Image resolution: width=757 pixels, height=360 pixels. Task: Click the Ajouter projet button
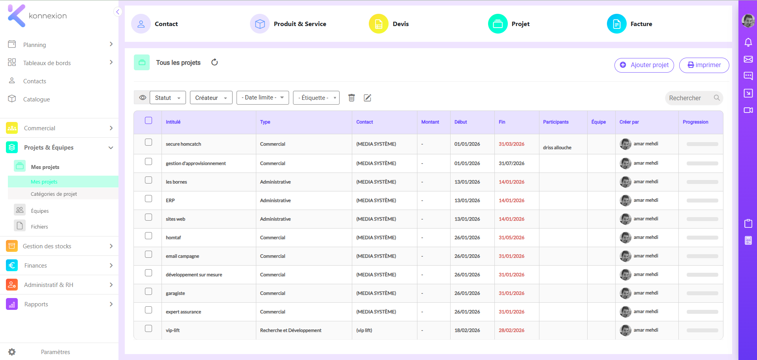click(x=644, y=65)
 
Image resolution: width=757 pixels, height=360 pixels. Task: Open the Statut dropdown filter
click(x=168, y=98)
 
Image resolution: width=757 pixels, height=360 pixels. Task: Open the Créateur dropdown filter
click(x=211, y=98)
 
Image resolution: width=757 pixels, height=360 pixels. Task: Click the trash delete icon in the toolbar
click(x=351, y=97)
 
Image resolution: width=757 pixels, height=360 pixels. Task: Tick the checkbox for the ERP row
click(x=148, y=199)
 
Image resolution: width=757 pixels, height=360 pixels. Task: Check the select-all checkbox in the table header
click(x=148, y=120)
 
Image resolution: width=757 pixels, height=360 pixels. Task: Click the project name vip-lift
click(x=173, y=330)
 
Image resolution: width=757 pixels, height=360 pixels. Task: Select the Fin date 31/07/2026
click(x=511, y=163)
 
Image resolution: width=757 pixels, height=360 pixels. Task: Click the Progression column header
click(x=695, y=122)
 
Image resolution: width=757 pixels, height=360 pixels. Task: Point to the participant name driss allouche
click(x=557, y=148)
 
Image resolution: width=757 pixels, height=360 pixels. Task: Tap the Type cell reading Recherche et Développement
click(x=291, y=330)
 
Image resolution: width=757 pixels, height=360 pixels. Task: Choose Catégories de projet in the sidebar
click(x=54, y=194)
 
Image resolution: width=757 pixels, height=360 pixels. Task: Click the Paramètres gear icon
click(x=12, y=352)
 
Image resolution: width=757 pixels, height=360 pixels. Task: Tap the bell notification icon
click(x=748, y=42)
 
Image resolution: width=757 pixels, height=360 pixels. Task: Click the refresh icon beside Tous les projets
click(x=214, y=62)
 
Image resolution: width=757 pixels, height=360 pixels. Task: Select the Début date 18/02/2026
click(x=467, y=330)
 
